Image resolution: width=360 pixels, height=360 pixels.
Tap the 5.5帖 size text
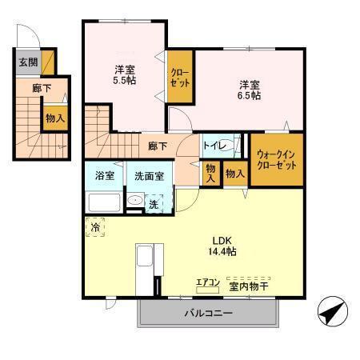124,80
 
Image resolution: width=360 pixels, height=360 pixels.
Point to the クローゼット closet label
178,78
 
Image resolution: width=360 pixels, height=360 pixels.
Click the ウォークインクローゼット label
277,159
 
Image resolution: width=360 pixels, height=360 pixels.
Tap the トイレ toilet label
213,146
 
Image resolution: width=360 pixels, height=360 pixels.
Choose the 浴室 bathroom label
105,175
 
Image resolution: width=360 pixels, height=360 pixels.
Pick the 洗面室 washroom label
148,176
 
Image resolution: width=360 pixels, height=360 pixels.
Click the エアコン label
208,282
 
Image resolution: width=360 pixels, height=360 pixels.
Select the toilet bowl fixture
227,146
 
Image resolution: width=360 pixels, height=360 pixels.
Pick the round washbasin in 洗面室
136,202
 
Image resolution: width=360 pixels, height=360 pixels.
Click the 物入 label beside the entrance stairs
54,118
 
